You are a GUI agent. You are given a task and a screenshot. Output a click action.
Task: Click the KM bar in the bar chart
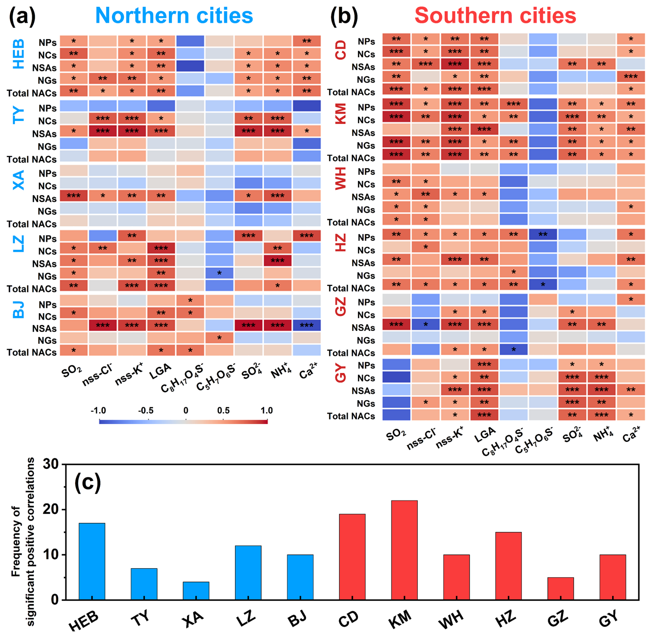[404, 550]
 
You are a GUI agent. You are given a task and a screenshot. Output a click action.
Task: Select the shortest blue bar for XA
[196, 591]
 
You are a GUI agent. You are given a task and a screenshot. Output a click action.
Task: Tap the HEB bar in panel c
[92, 561]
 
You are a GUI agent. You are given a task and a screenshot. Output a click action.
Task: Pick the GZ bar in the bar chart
[560, 589]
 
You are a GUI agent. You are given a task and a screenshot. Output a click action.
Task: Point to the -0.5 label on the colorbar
[146, 411]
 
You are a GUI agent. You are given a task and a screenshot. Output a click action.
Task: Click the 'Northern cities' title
[174, 16]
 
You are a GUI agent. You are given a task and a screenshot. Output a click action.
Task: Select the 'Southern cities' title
[495, 16]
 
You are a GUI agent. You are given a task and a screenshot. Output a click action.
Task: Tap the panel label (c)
[88, 482]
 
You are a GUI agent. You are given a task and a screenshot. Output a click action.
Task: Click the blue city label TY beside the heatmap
[18, 115]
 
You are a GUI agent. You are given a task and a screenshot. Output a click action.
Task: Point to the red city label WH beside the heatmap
[340, 178]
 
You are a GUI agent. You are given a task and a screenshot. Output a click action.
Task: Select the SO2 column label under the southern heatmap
[396, 435]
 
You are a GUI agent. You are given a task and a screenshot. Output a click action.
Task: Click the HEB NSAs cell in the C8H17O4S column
[190, 66]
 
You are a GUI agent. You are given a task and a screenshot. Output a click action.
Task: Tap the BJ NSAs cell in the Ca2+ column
[306, 325]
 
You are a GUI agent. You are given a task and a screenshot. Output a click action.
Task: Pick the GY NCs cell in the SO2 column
[396, 377]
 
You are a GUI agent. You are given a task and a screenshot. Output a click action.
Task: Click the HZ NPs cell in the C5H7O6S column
[543, 234]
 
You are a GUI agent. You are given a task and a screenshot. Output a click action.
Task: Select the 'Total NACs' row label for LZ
[32, 289]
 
